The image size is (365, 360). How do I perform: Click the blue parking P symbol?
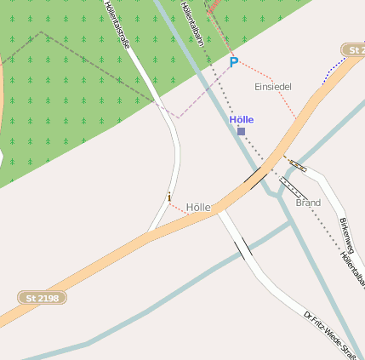tap(234, 62)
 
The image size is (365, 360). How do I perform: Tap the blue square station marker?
tap(242, 131)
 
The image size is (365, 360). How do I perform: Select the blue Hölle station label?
tap(242, 120)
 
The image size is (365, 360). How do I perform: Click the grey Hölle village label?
tap(197, 208)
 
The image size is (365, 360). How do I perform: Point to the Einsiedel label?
tap(273, 88)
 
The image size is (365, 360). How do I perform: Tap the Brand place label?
tap(308, 203)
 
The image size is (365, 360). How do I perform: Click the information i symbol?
tap(169, 197)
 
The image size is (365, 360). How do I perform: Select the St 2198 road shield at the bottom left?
tap(43, 298)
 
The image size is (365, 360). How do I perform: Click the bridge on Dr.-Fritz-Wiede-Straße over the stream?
tap(242, 248)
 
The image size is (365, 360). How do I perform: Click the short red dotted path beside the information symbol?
tap(176, 207)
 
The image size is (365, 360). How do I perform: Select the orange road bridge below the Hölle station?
tap(254, 175)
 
